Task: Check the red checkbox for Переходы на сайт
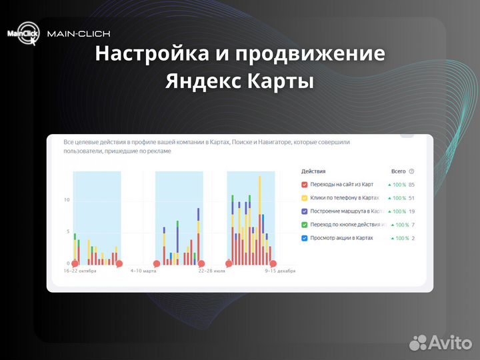tap(305, 185)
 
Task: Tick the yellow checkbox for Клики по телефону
tap(305, 198)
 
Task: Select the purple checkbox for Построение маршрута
tap(305, 211)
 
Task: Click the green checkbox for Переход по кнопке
tap(305, 225)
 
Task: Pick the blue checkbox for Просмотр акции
tap(305, 238)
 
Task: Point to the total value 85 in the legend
tap(412, 185)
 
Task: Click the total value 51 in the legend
tap(412, 198)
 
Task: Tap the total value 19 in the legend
tap(412, 211)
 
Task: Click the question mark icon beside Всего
tap(411, 171)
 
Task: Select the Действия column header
tap(313, 171)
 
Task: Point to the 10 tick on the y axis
tap(66, 200)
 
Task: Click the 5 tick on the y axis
tap(67, 232)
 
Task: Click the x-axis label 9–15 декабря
tap(280, 271)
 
